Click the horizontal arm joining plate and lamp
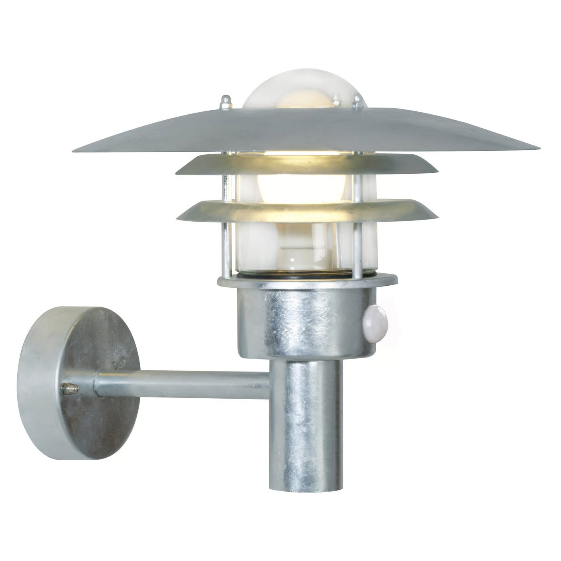tap(180, 386)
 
